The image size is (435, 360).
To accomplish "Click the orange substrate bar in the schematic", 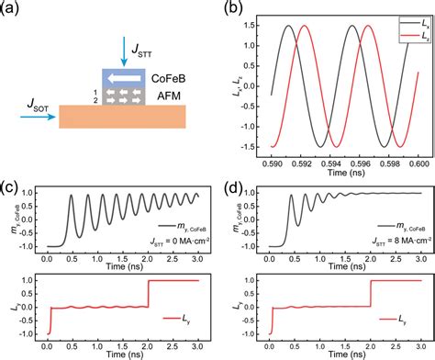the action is (123, 116).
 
